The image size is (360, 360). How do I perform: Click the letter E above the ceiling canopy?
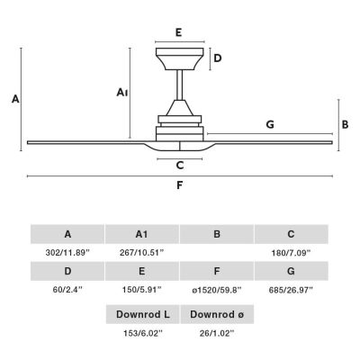(179, 32)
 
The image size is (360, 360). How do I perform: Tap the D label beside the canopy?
(218, 58)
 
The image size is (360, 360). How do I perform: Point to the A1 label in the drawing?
(122, 93)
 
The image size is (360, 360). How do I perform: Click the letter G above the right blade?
(270, 124)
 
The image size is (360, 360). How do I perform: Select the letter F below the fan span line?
(179, 185)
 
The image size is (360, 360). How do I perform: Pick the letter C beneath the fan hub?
(180, 166)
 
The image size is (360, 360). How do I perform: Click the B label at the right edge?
(346, 124)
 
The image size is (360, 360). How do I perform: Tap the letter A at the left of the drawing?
(15, 99)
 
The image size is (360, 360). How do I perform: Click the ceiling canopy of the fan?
(180, 58)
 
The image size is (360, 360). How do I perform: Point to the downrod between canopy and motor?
(180, 85)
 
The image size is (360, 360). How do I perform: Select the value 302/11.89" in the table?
(67, 253)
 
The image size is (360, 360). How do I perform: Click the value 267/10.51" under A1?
(142, 253)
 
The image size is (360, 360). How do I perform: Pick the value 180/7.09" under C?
(291, 253)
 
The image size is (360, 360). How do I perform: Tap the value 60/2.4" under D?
(67, 290)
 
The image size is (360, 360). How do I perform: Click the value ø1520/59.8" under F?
(217, 290)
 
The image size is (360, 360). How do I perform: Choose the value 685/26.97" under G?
(291, 290)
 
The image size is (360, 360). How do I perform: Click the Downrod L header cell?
(143, 314)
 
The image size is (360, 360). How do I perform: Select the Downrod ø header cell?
(217, 314)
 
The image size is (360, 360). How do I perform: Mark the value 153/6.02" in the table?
(143, 333)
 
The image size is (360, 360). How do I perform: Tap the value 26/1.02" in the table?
(217, 333)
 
